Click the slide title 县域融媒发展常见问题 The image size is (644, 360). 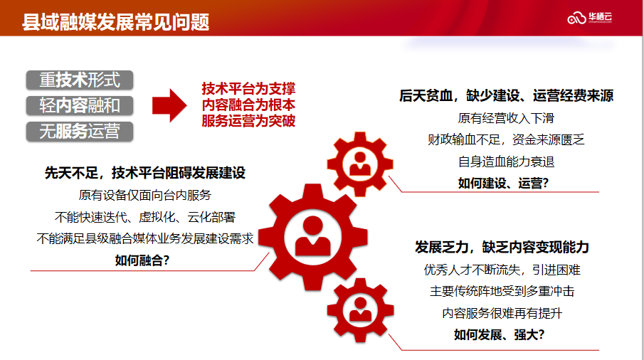(x=115, y=22)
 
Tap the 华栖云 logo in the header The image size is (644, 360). (x=590, y=18)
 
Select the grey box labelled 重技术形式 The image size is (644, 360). (x=80, y=80)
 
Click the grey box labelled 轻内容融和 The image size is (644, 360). (x=80, y=105)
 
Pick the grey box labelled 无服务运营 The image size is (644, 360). (x=80, y=132)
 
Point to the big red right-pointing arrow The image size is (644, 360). (x=169, y=105)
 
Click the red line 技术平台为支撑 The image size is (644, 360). (x=248, y=89)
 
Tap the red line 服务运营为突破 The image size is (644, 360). (x=248, y=121)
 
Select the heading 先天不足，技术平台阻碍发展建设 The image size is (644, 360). (x=145, y=173)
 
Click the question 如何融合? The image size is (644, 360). (x=142, y=260)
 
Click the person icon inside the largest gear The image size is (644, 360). (x=312, y=237)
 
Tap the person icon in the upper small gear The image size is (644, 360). (x=360, y=164)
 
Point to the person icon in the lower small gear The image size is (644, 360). (x=360, y=309)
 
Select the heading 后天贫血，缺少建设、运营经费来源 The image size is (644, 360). (x=507, y=95)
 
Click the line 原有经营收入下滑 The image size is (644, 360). (x=506, y=118)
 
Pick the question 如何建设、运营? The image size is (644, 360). (x=503, y=183)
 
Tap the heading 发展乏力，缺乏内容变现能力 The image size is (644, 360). (x=502, y=247)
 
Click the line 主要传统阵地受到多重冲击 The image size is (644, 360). (x=502, y=292)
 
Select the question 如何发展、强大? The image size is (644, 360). (x=499, y=335)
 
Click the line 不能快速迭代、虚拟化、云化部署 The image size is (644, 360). (x=145, y=217)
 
